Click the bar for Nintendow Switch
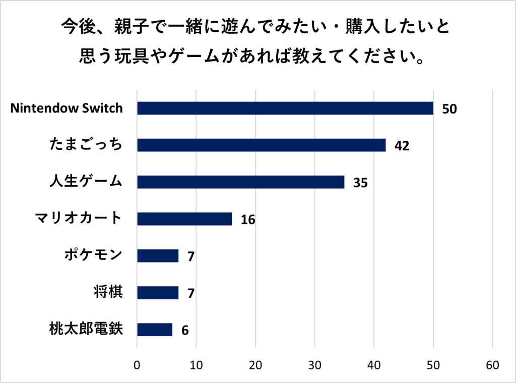tap(285, 108)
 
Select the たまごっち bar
tap(261, 145)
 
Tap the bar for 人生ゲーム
tap(240, 182)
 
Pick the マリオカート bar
tap(184, 219)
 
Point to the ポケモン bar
tap(158, 256)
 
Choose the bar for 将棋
tap(158, 293)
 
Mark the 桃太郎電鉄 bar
tap(155, 330)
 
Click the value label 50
tap(449, 108)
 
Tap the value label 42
tap(402, 146)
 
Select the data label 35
tap(360, 183)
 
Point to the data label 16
tap(248, 220)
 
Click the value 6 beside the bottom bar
tap(185, 331)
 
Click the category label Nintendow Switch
tap(67, 108)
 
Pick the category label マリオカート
tap(79, 218)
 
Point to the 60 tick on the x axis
tap(492, 365)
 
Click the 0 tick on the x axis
tap(137, 365)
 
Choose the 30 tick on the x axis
tap(315, 365)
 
